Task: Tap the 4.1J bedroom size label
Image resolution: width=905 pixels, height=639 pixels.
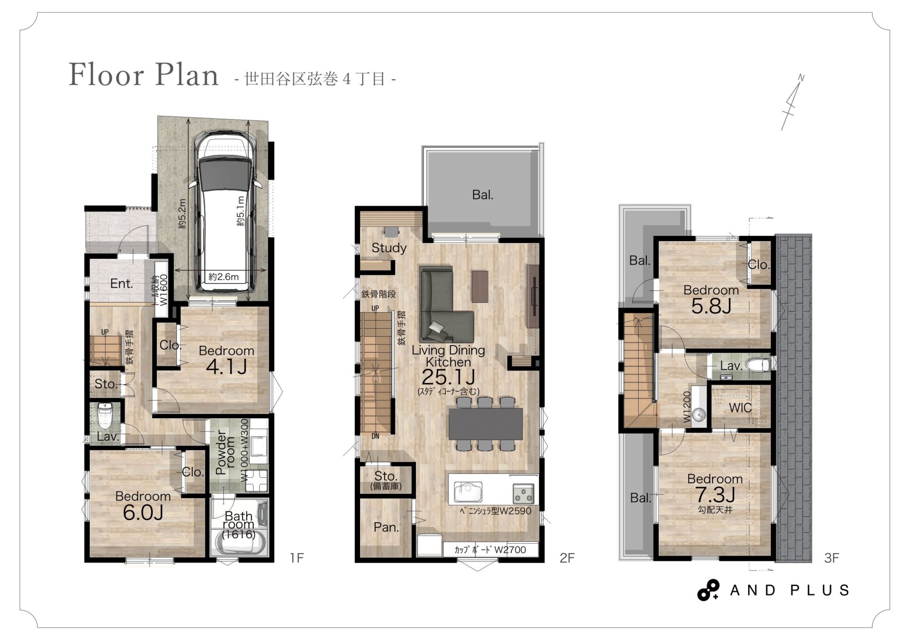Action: tap(227, 367)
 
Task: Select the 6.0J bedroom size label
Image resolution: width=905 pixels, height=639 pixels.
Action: tap(143, 513)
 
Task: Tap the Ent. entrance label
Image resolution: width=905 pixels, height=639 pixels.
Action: tap(122, 283)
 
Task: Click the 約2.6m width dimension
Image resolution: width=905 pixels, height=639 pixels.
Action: tap(223, 277)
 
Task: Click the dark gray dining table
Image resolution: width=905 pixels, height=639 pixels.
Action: tap(485, 423)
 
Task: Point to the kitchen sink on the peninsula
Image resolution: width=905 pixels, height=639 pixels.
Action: tap(468, 492)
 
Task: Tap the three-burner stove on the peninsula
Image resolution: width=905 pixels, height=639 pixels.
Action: tap(523, 494)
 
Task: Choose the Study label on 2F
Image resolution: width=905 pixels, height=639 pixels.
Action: tap(389, 248)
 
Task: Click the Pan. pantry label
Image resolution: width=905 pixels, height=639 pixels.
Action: tap(386, 527)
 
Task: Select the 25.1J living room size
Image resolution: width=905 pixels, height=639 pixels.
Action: tap(448, 377)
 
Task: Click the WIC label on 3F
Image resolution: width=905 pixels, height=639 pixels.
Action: tap(740, 408)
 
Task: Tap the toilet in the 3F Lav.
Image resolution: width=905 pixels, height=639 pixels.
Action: tap(759, 365)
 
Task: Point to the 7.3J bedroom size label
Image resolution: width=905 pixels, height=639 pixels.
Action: tap(715, 495)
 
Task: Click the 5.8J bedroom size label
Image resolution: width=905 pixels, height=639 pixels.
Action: tap(711, 307)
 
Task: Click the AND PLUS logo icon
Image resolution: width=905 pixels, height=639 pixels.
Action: tap(708, 590)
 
